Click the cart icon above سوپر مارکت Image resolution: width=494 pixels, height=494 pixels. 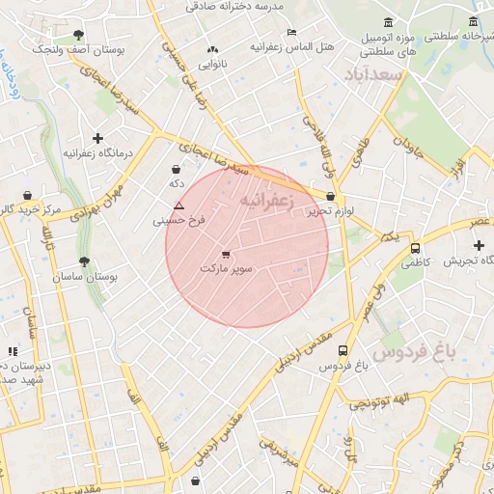click(226, 254)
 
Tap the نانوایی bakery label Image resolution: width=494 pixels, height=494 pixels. click(213, 64)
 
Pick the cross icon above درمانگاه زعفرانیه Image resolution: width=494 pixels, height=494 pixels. click(97, 138)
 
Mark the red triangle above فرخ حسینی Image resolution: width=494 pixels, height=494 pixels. click(178, 206)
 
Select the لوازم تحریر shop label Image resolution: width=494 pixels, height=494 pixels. click(333, 210)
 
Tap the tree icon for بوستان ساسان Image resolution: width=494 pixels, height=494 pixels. click(85, 261)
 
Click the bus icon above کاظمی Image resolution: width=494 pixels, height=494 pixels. click(415, 248)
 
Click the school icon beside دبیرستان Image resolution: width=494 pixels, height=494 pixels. click(13, 351)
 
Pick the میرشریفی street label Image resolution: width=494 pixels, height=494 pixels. click(279, 453)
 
